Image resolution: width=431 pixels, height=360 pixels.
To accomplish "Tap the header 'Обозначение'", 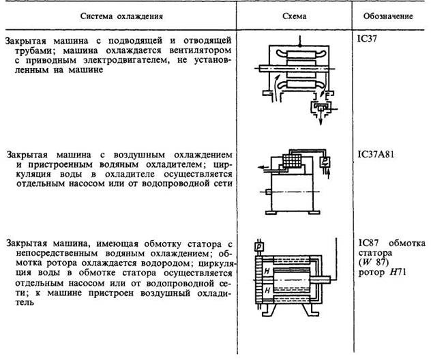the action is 389,14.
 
